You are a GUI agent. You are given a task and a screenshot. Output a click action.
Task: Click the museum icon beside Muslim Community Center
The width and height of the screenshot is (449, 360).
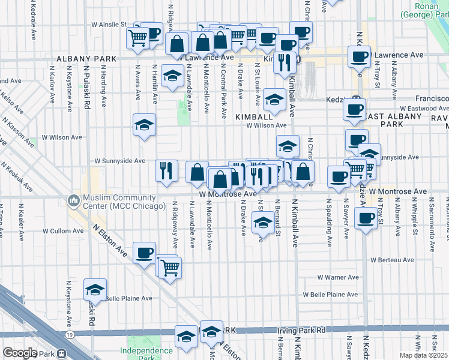pyautogui.click(x=74, y=199)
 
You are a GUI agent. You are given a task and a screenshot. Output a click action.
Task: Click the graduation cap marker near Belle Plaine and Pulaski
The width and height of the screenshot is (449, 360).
pyautogui.click(x=95, y=289)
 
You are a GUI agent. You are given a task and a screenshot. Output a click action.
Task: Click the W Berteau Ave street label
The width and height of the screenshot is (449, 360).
pyautogui.click(x=393, y=260)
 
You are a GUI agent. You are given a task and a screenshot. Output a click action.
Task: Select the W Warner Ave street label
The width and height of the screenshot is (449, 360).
pyautogui.click(x=338, y=277)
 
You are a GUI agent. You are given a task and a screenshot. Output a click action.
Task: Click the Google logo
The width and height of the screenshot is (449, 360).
pyautogui.click(x=20, y=353)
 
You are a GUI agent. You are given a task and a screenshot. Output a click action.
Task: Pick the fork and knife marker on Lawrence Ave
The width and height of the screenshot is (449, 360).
pyautogui.click(x=285, y=61)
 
